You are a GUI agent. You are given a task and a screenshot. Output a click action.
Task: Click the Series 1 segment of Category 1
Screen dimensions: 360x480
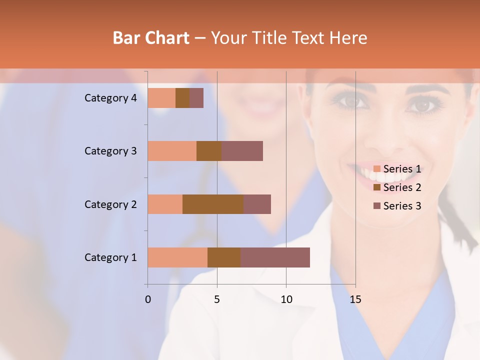(x=177, y=257)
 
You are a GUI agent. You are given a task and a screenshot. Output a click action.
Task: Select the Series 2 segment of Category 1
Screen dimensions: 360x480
(x=224, y=257)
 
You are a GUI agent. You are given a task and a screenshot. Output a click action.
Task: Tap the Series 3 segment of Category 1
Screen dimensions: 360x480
(x=275, y=257)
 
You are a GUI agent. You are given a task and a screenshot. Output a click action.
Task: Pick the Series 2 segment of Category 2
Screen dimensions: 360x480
(x=213, y=204)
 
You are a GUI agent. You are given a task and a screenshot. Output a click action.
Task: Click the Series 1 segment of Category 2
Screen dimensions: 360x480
(x=165, y=204)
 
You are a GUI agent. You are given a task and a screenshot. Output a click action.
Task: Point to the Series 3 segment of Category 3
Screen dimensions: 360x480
(x=242, y=151)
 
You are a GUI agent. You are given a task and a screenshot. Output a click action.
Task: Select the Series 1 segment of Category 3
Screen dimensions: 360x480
(x=172, y=151)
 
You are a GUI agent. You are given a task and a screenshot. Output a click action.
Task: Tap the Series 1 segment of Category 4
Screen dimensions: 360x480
(x=161, y=98)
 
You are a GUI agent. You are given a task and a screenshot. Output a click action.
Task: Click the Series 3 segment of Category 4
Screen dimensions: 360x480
(x=196, y=98)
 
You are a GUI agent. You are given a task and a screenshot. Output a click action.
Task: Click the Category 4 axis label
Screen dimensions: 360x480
(x=110, y=98)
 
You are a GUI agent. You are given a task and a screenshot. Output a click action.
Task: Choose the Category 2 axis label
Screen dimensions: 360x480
(x=110, y=204)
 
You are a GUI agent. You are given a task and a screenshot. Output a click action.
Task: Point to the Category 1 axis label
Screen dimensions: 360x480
(x=110, y=257)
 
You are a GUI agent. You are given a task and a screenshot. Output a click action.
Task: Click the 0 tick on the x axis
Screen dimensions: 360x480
(x=148, y=299)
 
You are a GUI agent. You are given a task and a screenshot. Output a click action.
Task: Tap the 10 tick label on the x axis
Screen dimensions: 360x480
(x=286, y=299)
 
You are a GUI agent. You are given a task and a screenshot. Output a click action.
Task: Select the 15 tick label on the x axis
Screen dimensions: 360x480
(x=355, y=299)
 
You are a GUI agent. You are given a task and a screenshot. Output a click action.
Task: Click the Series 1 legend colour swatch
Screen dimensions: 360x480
(x=377, y=169)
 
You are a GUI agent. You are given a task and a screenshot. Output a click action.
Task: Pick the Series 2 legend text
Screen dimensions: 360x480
(x=402, y=187)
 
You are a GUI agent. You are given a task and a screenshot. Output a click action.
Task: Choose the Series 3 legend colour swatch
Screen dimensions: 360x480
(x=377, y=206)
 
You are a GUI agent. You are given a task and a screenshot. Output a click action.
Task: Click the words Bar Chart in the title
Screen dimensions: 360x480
(x=151, y=38)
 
